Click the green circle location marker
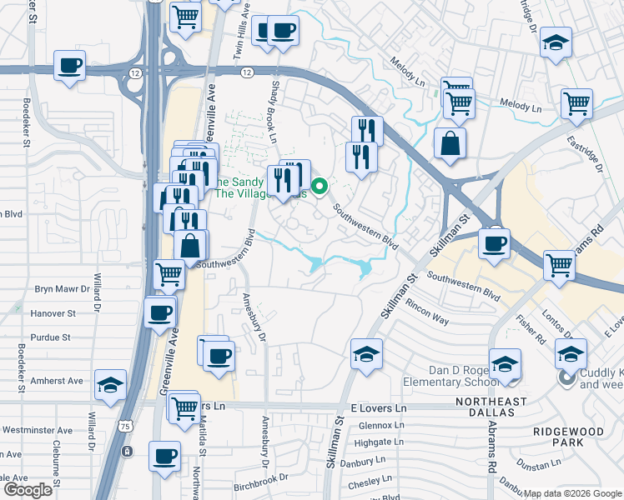pos(319,186)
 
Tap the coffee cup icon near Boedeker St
pos(70,66)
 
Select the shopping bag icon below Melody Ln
pos(450,142)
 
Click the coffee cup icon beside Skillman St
pos(495,244)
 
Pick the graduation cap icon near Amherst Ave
pos(110,385)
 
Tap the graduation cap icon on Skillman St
pos(366,354)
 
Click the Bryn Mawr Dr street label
pos(62,289)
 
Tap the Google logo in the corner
pos(28,489)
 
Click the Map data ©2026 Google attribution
pos(572,493)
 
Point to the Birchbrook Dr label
pos(259,478)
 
